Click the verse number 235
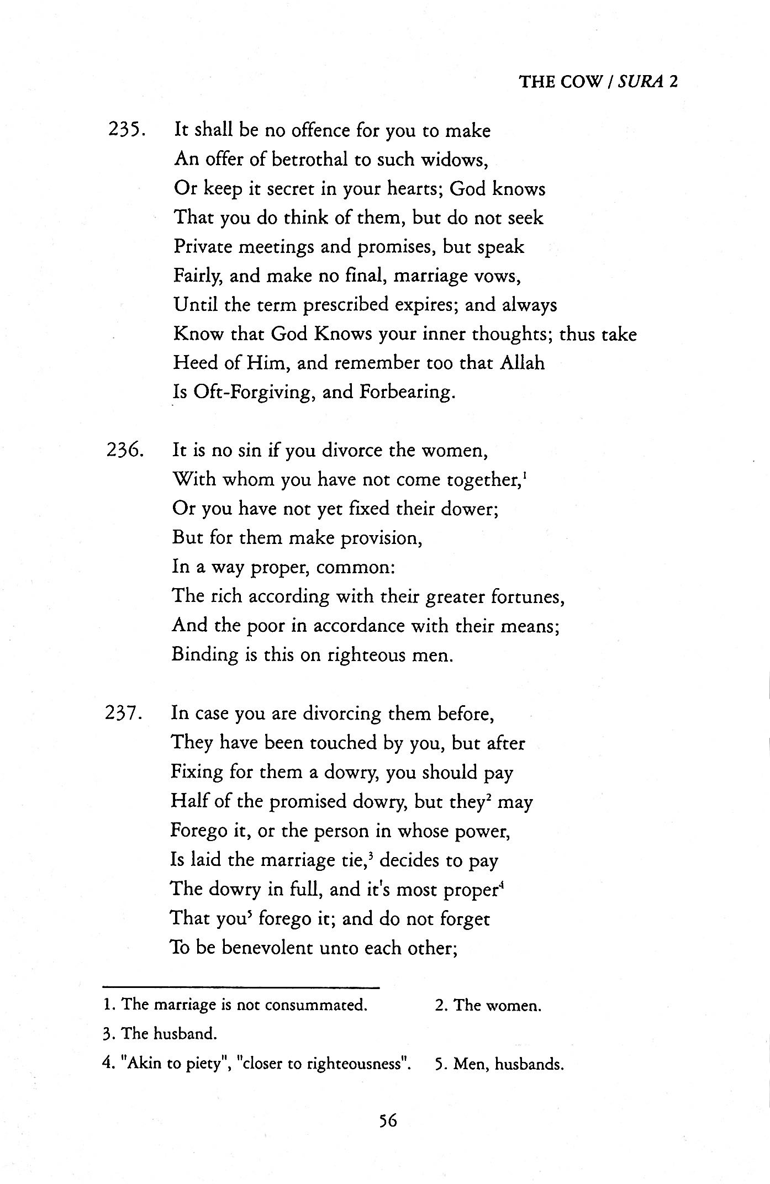coord(125,131)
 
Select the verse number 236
coord(125,451)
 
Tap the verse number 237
coord(124,713)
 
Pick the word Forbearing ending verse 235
coord(408,392)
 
